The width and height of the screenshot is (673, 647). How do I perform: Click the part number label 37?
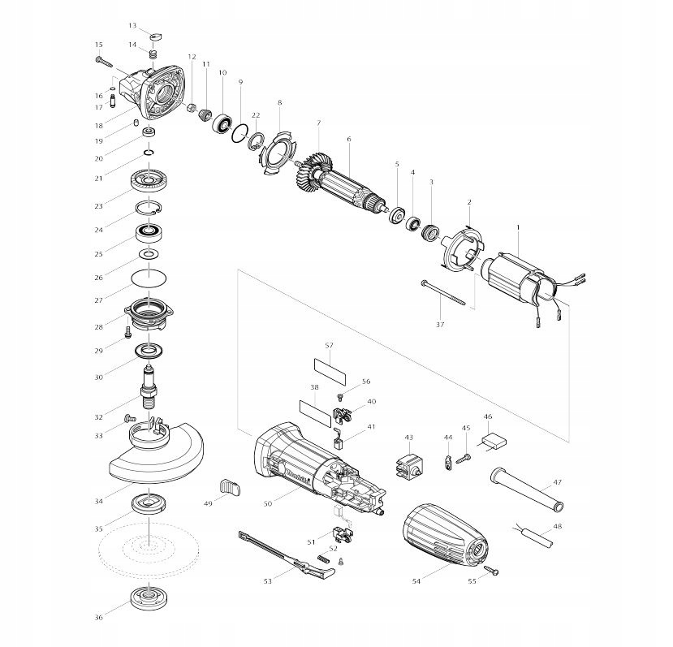(x=441, y=324)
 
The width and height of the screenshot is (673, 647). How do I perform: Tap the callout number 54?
(x=417, y=581)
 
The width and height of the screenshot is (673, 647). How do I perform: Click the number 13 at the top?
(x=132, y=25)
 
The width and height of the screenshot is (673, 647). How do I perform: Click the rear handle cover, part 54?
(x=445, y=533)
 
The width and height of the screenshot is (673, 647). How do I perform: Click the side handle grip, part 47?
(x=524, y=490)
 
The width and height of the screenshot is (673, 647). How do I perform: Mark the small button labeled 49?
(x=230, y=487)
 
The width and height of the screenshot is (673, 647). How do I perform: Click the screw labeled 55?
(x=491, y=571)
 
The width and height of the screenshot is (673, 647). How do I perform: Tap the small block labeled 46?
(x=492, y=442)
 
